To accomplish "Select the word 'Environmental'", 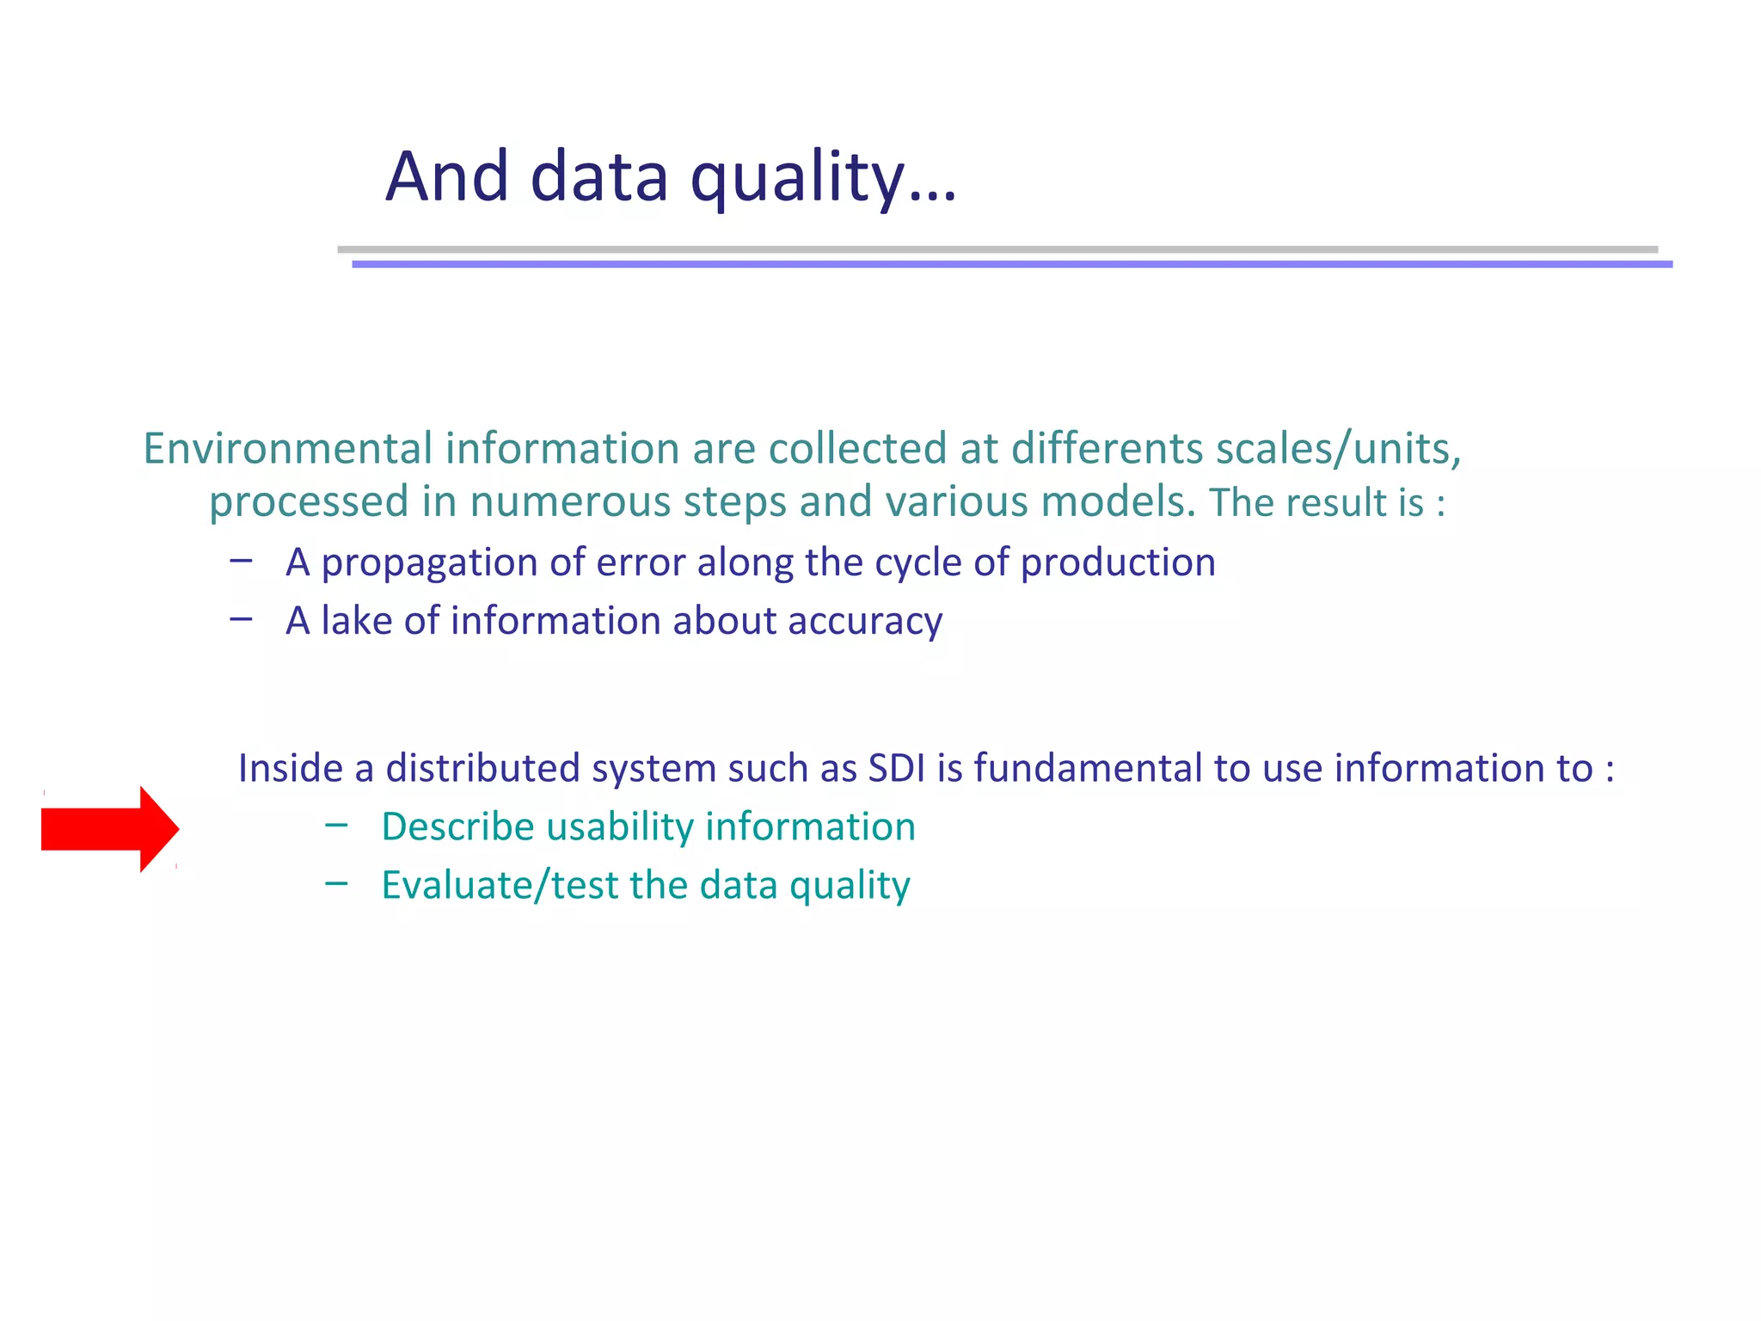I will [x=287, y=449].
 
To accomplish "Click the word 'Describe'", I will [x=458, y=826].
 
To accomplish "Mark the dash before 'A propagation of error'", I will [x=242, y=561].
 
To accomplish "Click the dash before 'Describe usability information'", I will [x=337, y=826].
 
